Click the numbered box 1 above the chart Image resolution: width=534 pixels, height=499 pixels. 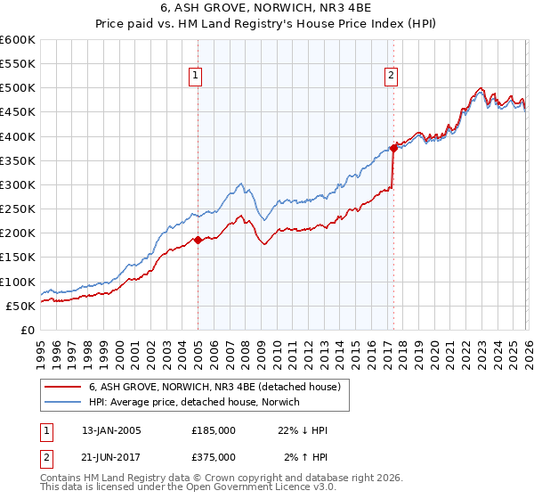click(x=196, y=77)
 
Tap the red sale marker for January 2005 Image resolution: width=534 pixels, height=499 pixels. click(x=198, y=240)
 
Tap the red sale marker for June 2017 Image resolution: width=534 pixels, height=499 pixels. click(x=392, y=149)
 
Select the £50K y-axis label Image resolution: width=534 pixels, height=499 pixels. click(x=20, y=306)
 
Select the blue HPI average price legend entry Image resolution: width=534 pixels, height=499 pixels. click(x=195, y=403)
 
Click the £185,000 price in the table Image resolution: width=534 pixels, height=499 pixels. click(x=214, y=430)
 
